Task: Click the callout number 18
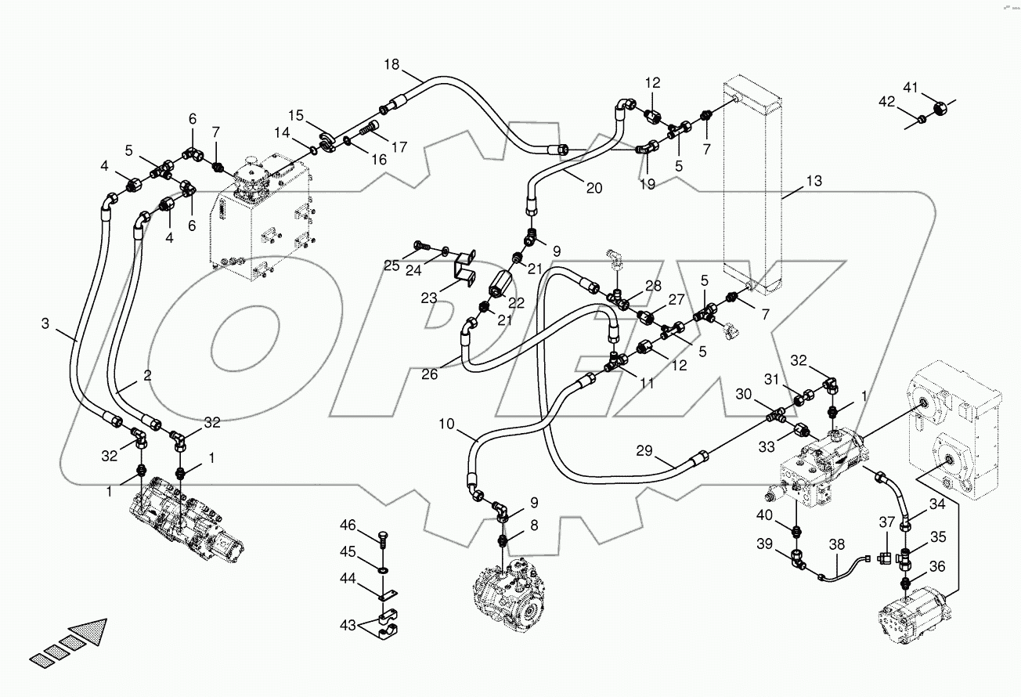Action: tap(392, 65)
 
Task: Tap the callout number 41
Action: tap(933, 88)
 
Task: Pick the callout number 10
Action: tap(446, 424)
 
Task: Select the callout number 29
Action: tap(644, 450)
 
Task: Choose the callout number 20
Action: tap(594, 187)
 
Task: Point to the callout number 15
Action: tap(294, 115)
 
